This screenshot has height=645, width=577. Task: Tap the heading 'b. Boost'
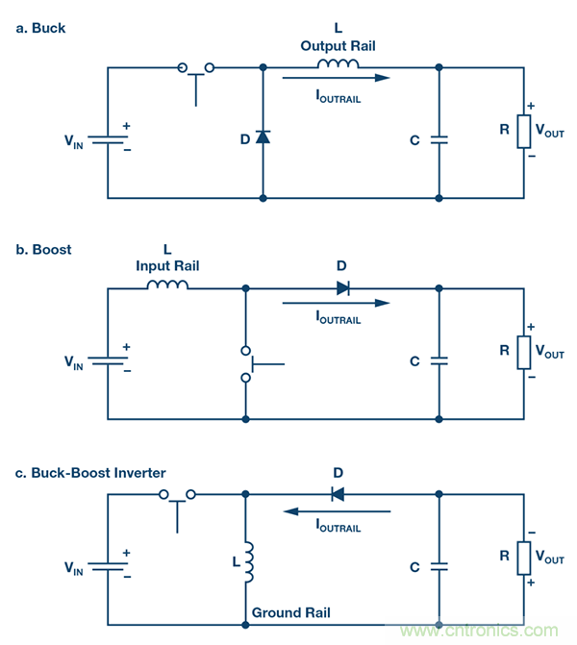[43, 249]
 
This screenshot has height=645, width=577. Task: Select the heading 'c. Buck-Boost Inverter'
[90, 472]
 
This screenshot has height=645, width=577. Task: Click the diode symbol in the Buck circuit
[263, 137]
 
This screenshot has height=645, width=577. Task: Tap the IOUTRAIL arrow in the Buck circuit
[337, 78]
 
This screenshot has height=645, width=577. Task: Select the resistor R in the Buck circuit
[524, 133]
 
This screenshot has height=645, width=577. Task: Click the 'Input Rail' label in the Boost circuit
[167, 266]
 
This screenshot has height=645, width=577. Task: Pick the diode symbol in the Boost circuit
[343, 287]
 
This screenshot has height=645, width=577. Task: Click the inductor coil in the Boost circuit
[167, 285]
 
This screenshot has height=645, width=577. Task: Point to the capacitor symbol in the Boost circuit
[439, 361]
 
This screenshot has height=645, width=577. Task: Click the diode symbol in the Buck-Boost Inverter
[337, 494]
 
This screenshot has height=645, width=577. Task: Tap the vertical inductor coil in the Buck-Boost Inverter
[247, 562]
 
